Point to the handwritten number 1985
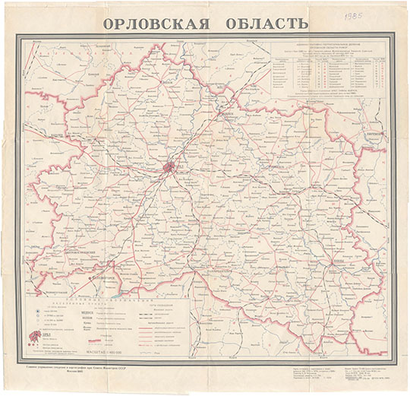point(353,14)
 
